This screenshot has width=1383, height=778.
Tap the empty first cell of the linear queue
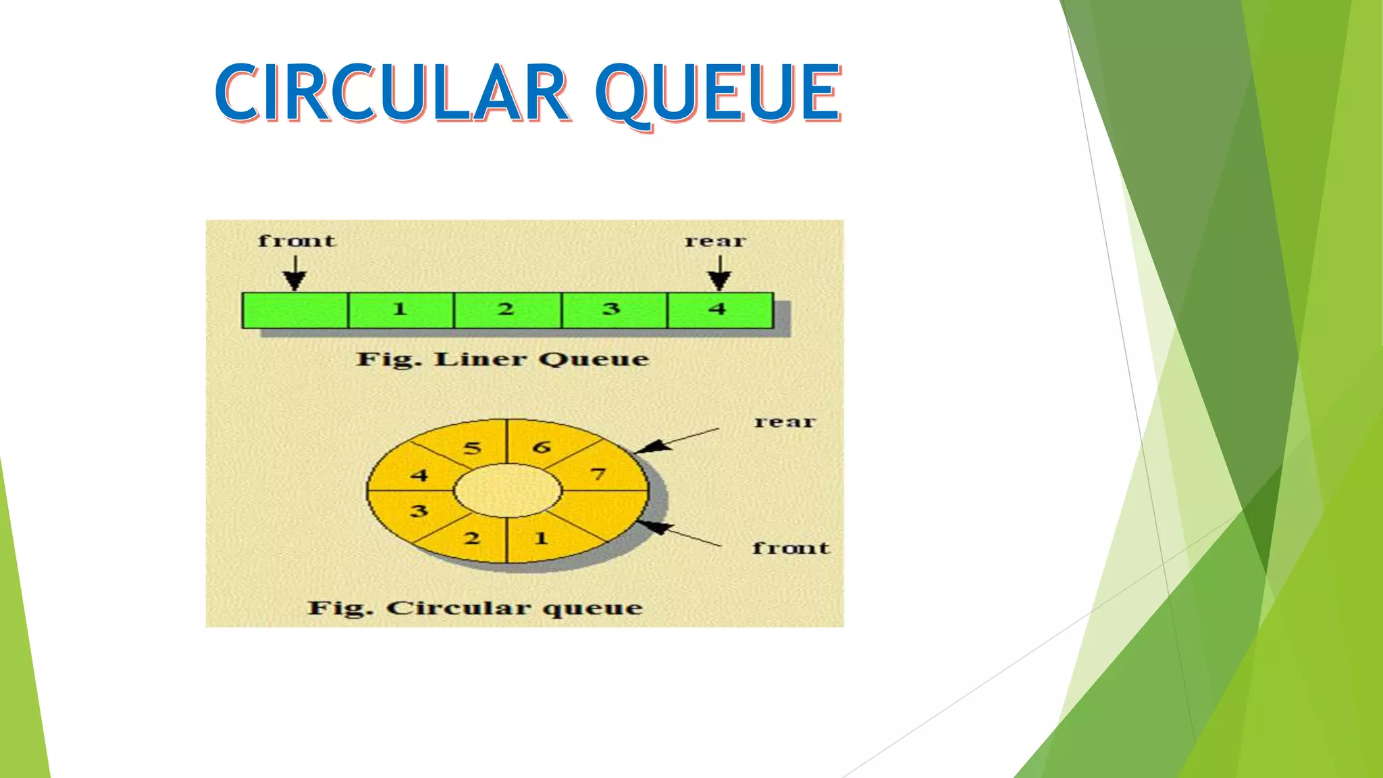(x=295, y=311)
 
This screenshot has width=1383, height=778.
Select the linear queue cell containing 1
(x=400, y=310)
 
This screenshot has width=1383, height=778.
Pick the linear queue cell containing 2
(x=507, y=310)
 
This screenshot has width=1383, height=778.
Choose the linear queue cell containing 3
(x=613, y=310)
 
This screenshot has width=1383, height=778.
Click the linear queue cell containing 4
(x=719, y=310)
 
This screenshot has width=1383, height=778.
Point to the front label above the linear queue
(x=296, y=241)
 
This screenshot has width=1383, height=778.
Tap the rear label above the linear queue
(x=715, y=241)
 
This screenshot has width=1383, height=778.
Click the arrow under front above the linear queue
(x=294, y=274)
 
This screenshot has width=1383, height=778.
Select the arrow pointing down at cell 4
(x=719, y=274)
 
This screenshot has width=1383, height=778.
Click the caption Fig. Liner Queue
(x=502, y=359)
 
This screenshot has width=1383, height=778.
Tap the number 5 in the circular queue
(x=473, y=448)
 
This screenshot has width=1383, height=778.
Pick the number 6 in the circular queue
(x=542, y=447)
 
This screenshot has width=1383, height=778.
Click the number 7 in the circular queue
(x=598, y=475)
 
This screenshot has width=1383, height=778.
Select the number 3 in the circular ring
(x=419, y=511)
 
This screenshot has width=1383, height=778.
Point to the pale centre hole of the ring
(x=507, y=490)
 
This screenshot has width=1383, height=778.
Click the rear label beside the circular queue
(x=785, y=422)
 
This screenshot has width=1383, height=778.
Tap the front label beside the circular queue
(x=791, y=548)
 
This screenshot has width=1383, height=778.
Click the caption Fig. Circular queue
(x=475, y=608)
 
